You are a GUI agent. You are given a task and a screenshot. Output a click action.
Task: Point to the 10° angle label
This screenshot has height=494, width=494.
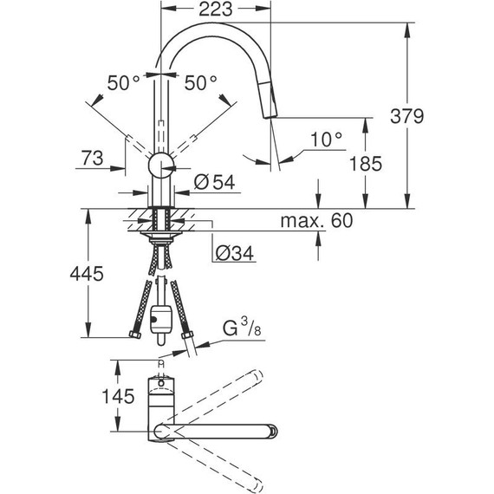[x=326, y=138]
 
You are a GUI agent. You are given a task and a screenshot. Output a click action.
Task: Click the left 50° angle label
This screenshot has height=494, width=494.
[x=123, y=82]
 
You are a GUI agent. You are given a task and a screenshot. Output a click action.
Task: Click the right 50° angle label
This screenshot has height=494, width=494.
[x=200, y=82]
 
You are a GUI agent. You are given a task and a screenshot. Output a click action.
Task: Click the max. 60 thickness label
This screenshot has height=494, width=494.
[x=316, y=222]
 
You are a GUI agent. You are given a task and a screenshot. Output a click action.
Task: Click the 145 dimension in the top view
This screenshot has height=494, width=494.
[x=119, y=397]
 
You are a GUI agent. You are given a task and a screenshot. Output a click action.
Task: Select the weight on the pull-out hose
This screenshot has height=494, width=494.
[x=161, y=319]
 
